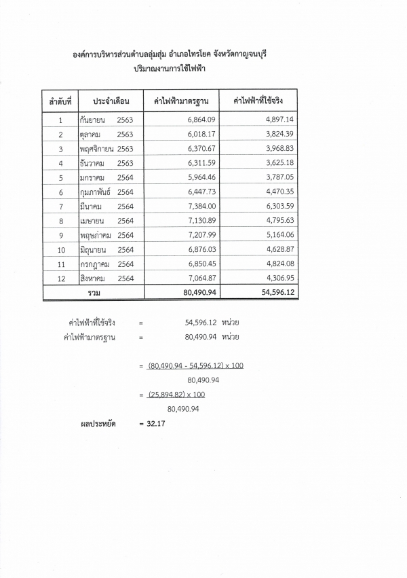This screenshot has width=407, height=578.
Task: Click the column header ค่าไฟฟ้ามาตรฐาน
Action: tap(181, 102)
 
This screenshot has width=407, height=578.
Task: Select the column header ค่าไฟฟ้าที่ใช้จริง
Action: tap(258, 102)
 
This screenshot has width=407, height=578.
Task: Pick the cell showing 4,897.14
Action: tap(280, 120)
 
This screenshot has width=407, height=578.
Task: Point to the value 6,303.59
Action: tap(280, 206)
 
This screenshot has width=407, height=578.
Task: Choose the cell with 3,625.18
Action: tap(280, 163)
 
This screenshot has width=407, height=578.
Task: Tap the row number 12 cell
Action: tap(60, 278)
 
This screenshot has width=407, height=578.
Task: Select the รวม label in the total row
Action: tap(94, 292)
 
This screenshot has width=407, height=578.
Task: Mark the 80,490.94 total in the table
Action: tap(197, 292)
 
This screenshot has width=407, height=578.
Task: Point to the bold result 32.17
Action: tap(156, 425)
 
